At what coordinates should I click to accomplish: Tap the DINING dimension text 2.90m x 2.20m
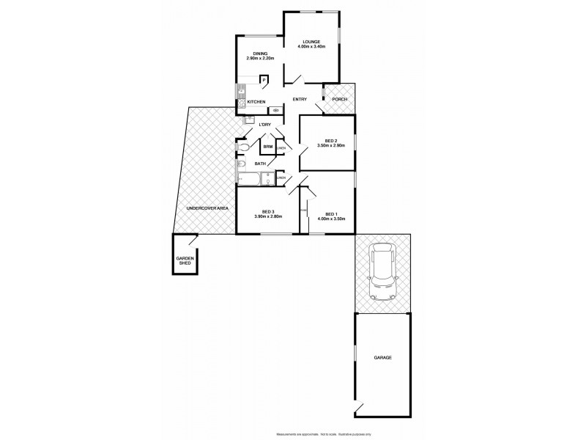[259, 59]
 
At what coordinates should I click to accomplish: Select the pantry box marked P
[262, 79]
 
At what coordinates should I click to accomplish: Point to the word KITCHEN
[256, 101]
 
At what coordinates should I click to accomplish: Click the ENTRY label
[300, 99]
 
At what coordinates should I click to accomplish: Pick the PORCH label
[338, 99]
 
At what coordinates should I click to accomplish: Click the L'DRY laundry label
[265, 125]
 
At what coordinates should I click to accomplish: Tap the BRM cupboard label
[269, 147]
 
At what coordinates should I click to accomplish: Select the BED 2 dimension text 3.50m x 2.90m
[330, 145]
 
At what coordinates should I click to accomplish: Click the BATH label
[260, 164]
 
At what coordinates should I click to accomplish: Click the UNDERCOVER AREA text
[208, 208]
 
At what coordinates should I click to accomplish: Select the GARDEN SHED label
[184, 261]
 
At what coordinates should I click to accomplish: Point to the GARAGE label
[384, 358]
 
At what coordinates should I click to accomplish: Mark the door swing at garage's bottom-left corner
[358, 407]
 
